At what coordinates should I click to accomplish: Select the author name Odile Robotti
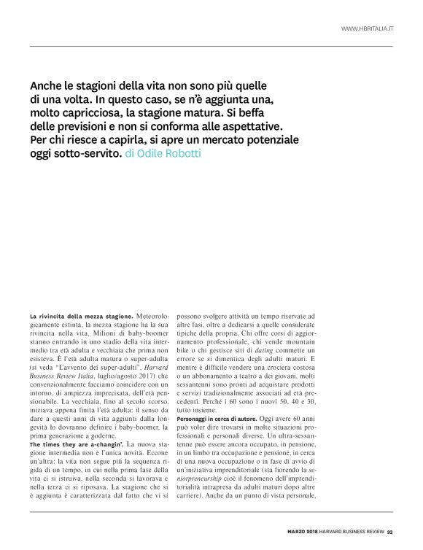click(169, 155)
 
